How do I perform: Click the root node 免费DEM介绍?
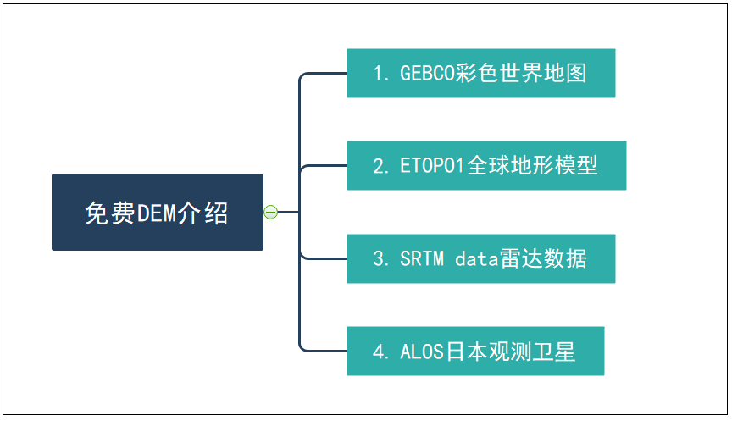(157, 212)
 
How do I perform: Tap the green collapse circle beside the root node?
(270, 212)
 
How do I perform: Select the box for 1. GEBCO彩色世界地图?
(480, 73)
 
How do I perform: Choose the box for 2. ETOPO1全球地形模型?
(486, 165)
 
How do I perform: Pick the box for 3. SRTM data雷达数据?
(480, 258)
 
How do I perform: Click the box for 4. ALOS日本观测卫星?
(475, 351)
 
